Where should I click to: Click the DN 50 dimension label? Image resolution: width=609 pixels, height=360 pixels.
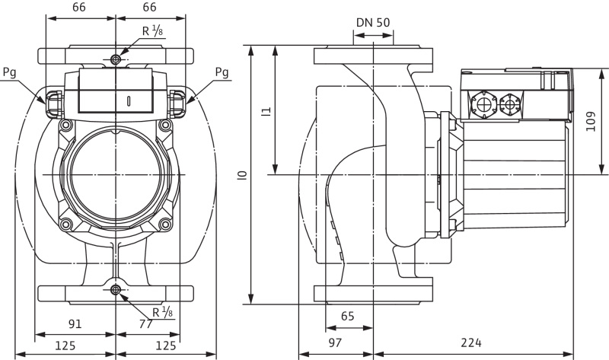coord(373,23)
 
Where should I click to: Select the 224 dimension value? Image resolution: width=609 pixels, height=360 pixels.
coord(471,342)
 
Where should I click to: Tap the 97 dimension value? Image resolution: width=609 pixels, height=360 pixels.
coord(335,342)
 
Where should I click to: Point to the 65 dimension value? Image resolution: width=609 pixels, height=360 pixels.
coord(348,316)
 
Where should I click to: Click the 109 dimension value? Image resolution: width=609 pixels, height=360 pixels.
coord(591,122)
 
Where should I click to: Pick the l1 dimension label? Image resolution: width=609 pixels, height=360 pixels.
coord(266,111)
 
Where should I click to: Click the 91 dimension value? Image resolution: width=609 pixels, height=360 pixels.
coord(75,323)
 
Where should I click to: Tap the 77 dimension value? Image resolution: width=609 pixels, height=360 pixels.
coord(145,323)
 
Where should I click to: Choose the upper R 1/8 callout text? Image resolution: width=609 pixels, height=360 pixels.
coord(153,31)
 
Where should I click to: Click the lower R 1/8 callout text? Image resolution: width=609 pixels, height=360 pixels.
coord(163,312)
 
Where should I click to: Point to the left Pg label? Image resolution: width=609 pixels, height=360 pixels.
coord(10,72)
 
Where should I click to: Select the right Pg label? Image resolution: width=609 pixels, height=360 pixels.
coord(222,72)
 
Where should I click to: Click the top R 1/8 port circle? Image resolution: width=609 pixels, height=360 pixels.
coord(116,59)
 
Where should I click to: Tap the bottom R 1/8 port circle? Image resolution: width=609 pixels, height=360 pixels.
coord(116,290)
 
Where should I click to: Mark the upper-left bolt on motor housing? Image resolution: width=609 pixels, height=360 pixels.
coord(65,125)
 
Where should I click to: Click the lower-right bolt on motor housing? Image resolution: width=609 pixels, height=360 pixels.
coord(165,224)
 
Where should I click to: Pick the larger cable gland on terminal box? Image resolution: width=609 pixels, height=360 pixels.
coord(484,104)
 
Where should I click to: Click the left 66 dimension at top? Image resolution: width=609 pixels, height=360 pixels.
coord(79,7)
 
